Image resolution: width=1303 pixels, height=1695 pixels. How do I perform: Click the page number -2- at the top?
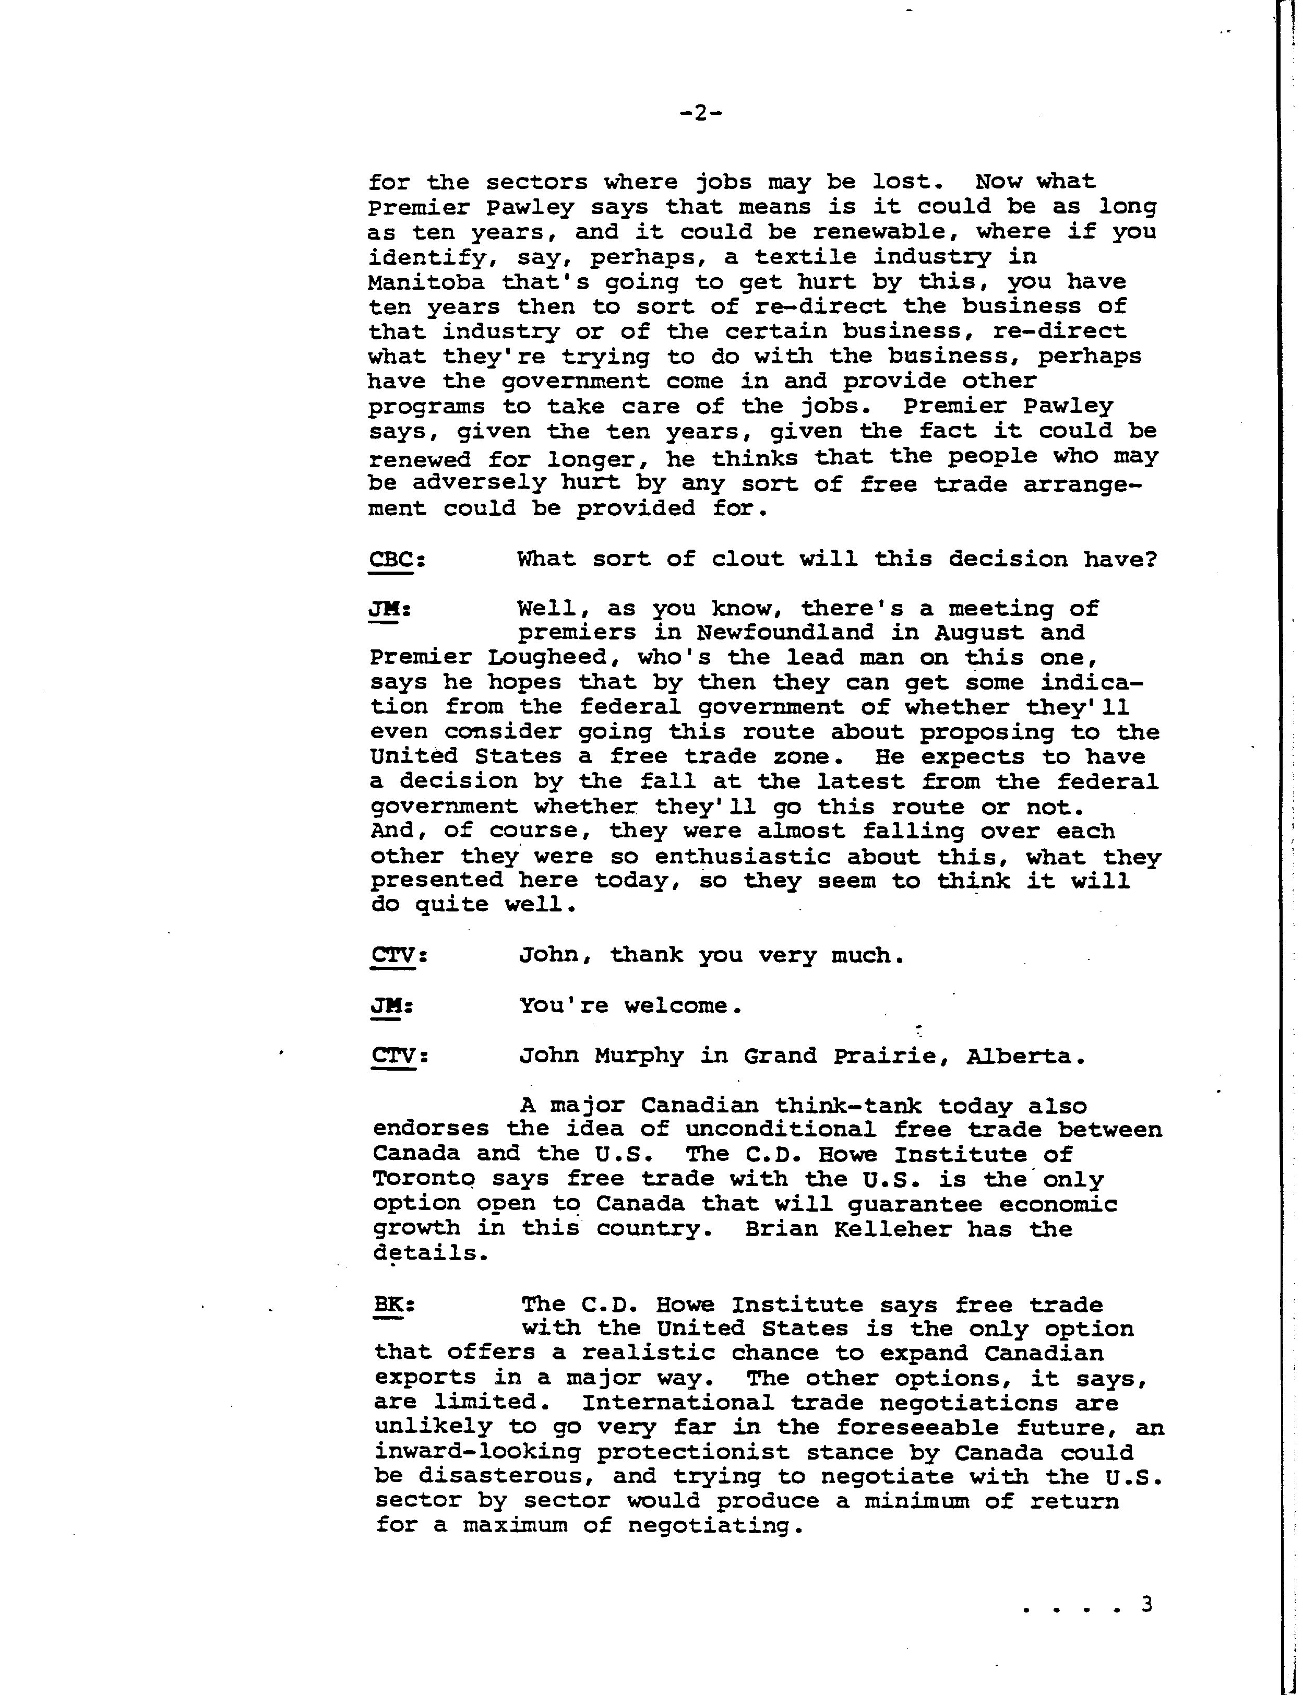coord(700,114)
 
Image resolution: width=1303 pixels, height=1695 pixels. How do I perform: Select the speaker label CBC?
coord(396,559)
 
